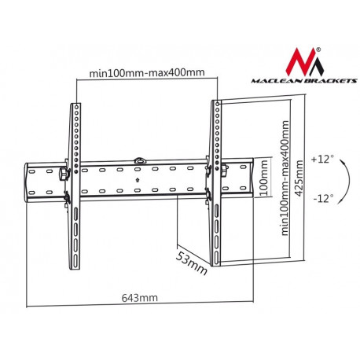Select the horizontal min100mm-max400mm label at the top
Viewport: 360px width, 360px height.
click(x=146, y=73)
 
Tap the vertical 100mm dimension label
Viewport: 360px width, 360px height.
click(x=265, y=182)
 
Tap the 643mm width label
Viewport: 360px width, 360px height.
click(x=140, y=298)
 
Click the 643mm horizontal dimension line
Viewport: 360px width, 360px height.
click(x=140, y=306)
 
